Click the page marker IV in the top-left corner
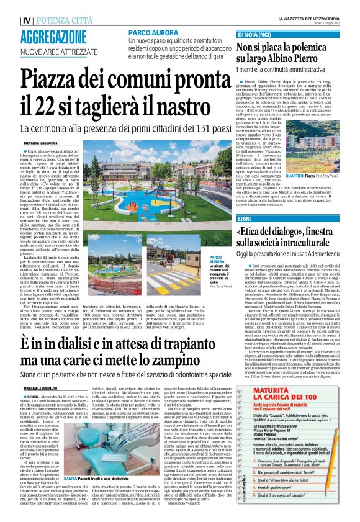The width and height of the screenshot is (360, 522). click(9, 19)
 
